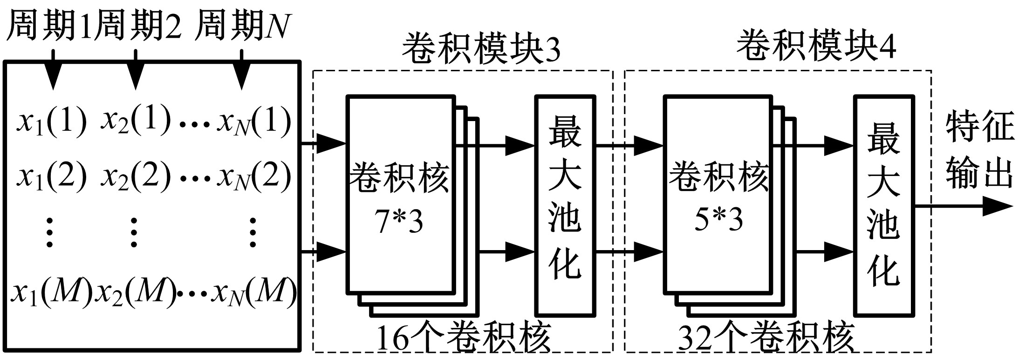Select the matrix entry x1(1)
click(51, 122)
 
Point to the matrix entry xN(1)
click(254, 122)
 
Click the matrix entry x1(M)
click(51, 293)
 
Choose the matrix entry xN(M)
click(254, 293)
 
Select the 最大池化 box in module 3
click(565, 205)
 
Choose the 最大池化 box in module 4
click(883, 205)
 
